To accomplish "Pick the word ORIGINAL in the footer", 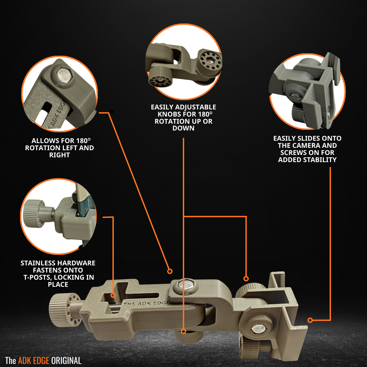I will coord(66,361).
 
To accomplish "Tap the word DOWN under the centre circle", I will coord(183,128).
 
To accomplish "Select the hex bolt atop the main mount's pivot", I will coord(185,286).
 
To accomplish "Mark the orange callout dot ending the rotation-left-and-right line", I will coord(170,271).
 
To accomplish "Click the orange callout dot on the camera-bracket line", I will coord(310,320).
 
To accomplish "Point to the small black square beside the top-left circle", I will coord(111,111).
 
